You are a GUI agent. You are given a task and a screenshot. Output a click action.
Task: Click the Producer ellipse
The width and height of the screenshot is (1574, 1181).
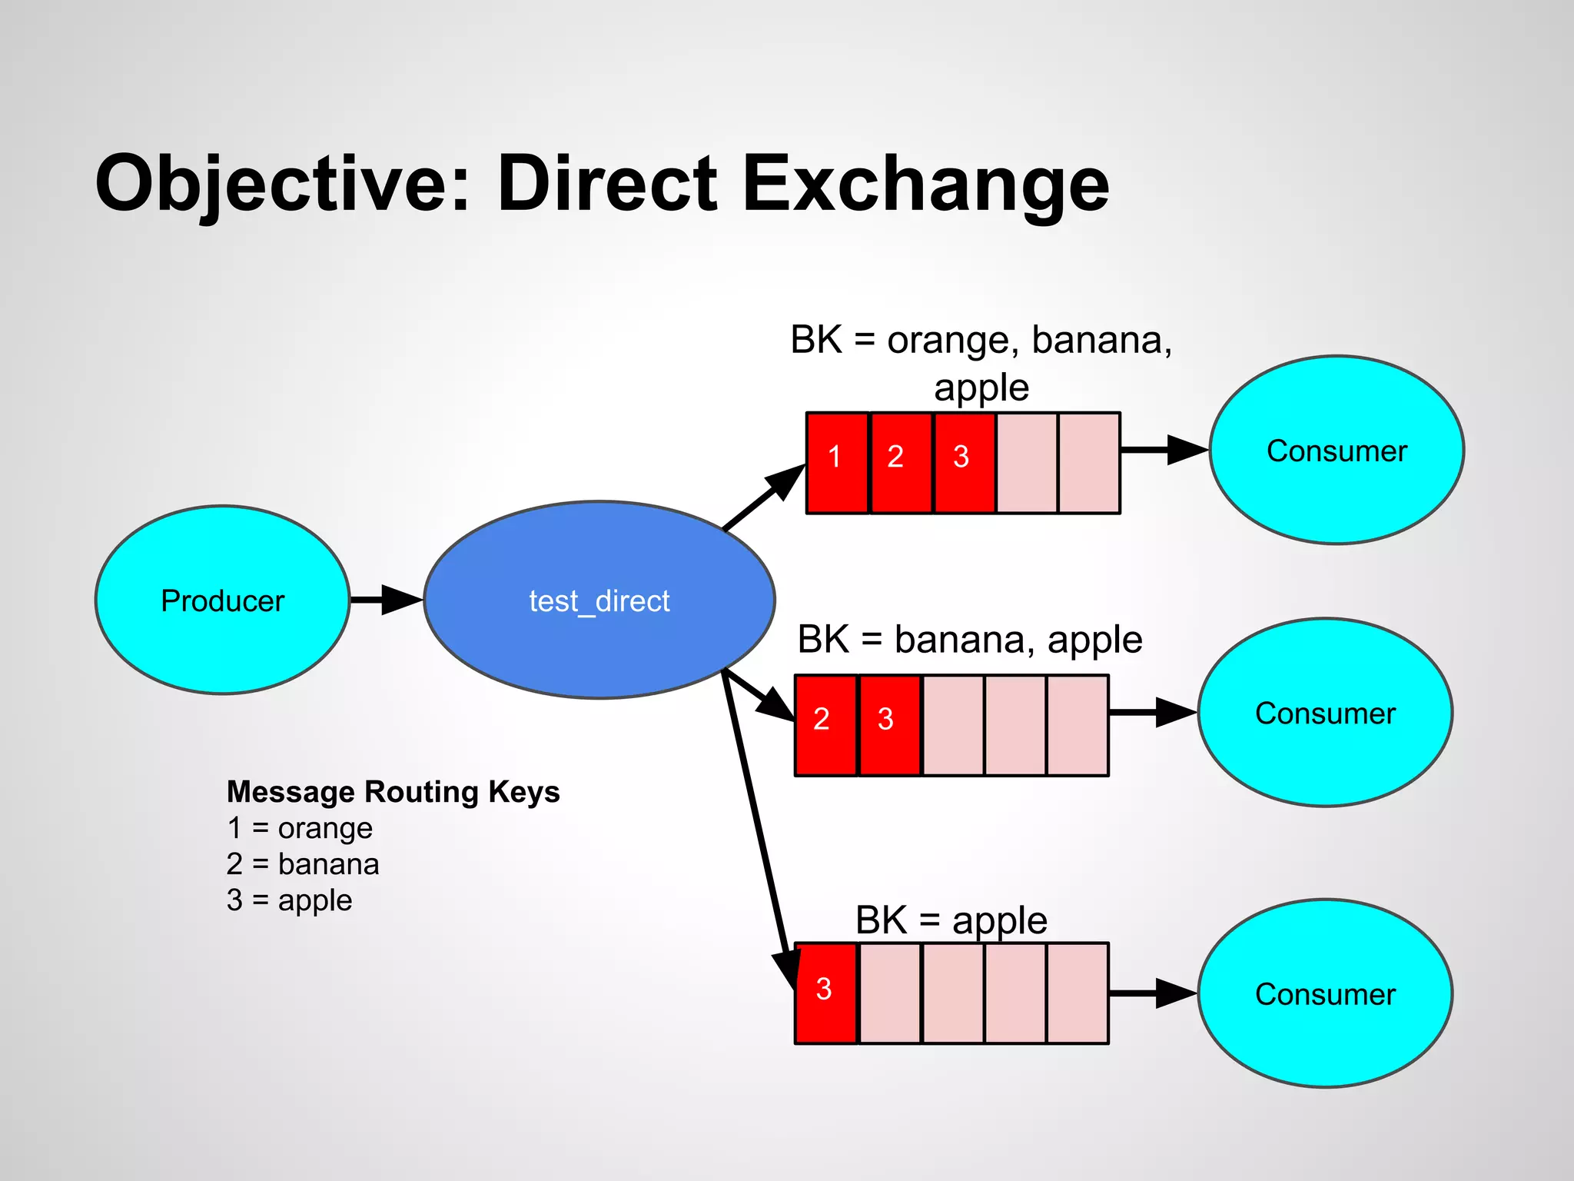(x=222, y=600)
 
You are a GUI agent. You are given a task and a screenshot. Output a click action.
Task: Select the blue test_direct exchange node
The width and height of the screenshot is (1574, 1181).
(x=599, y=600)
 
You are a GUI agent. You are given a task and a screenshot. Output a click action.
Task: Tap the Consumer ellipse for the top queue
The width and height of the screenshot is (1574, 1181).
(x=1337, y=450)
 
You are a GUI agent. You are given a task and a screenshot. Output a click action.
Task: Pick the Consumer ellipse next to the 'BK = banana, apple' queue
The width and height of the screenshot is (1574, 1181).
(x=1325, y=713)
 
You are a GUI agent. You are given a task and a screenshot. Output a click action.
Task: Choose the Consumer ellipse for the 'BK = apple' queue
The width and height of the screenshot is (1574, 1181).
(x=1325, y=993)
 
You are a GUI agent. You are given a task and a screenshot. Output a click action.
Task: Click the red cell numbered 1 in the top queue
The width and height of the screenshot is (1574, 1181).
(x=837, y=463)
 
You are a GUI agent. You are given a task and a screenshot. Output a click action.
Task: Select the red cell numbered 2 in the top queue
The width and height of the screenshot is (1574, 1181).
(x=900, y=463)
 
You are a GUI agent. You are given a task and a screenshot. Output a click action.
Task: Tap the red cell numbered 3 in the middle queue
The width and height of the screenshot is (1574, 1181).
(x=888, y=725)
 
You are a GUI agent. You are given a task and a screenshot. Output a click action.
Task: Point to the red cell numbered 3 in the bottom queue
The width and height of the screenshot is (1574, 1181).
(x=825, y=993)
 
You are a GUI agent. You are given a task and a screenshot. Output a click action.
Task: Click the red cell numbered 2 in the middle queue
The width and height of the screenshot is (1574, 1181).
(x=825, y=725)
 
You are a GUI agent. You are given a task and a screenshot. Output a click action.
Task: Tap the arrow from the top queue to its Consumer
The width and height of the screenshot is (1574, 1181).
(x=1164, y=450)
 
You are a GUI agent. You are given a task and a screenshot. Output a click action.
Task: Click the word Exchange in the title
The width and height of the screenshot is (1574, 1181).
(x=925, y=185)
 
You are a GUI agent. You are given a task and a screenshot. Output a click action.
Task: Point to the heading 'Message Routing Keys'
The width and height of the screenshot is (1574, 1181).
(x=393, y=791)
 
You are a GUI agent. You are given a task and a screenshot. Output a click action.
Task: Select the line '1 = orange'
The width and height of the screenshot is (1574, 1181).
(x=300, y=828)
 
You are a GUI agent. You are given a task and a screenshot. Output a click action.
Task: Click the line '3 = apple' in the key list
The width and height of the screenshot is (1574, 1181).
(x=290, y=900)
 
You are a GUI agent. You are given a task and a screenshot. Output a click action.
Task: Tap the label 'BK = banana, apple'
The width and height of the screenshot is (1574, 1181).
(x=970, y=640)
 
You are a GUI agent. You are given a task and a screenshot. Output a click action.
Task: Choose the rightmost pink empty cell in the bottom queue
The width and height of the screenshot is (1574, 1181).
(x=1078, y=993)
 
